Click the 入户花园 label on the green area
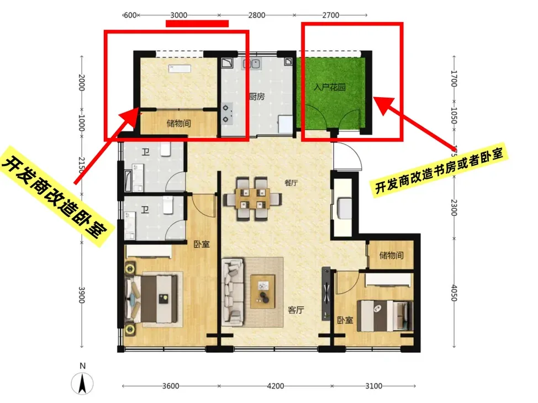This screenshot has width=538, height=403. point(329,87)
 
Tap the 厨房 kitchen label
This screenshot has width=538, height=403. point(257,97)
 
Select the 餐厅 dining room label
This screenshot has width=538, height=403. point(291,183)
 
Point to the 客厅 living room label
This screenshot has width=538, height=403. point(296,310)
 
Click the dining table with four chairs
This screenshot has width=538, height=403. point(253,199)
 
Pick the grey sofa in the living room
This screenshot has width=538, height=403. point(233,292)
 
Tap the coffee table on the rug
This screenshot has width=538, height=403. point(263,291)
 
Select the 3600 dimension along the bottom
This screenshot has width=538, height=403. point(171,386)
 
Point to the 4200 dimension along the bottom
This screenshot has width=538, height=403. point(276,386)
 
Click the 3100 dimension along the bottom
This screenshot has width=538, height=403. point(373,386)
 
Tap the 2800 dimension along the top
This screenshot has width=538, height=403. point(257,15)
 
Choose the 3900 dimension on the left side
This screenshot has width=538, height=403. point(81,295)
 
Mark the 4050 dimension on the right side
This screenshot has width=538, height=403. point(454,293)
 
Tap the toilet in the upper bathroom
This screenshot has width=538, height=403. point(166,149)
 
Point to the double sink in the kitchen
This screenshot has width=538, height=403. point(251,63)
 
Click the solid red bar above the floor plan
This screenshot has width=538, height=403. point(197,23)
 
